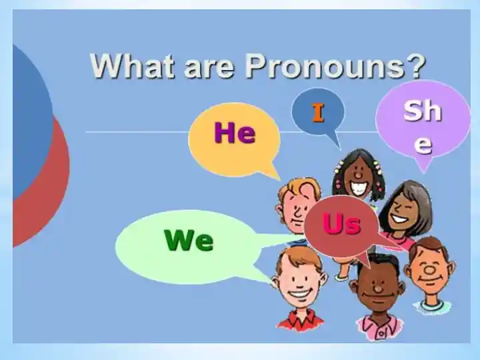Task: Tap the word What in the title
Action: click(x=132, y=65)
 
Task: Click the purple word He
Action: click(x=235, y=133)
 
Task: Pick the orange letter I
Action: click(x=318, y=113)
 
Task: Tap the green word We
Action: click(x=189, y=240)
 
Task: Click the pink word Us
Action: click(x=341, y=223)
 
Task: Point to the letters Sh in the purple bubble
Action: click(x=423, y=111)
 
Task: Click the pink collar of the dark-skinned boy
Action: click(x=379, y=325)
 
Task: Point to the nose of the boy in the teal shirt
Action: click(x=429, y=270)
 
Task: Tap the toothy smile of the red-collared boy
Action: click(x=299, y=293)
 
